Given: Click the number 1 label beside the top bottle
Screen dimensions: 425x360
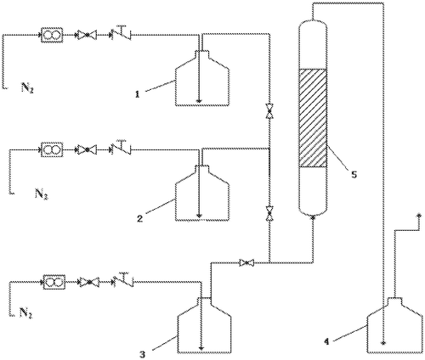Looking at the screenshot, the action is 138,94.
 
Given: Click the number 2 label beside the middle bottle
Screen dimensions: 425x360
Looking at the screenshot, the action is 139,218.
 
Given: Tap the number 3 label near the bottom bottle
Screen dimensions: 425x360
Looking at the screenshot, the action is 142,354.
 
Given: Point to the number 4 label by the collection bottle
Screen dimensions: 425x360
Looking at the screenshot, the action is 326,342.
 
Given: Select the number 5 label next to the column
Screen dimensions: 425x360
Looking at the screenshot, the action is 354,174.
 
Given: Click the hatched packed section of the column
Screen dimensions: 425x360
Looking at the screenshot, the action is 314,118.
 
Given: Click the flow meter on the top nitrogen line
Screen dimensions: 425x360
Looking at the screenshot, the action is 51,35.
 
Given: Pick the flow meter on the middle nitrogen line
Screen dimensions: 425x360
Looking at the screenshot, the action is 52,149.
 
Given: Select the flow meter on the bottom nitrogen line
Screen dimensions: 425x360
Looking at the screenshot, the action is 54,282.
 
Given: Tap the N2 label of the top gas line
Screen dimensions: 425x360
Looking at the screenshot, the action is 27,87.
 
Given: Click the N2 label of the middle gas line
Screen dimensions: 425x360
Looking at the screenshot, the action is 42,194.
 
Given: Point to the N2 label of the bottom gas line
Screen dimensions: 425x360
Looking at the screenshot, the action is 26,312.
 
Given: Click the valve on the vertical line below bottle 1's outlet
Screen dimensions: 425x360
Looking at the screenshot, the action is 269,110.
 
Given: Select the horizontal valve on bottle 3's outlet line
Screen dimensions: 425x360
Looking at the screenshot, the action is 246,262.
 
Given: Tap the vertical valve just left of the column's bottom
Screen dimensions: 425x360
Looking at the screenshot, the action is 269,213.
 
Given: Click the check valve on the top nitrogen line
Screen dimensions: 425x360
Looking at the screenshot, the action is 122,33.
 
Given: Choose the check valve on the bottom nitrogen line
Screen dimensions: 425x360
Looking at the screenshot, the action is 123,280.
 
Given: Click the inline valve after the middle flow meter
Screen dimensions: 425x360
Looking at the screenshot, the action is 86,149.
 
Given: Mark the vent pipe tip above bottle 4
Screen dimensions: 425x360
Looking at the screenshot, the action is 418,216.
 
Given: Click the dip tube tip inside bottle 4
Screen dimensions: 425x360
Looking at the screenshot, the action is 383,343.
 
